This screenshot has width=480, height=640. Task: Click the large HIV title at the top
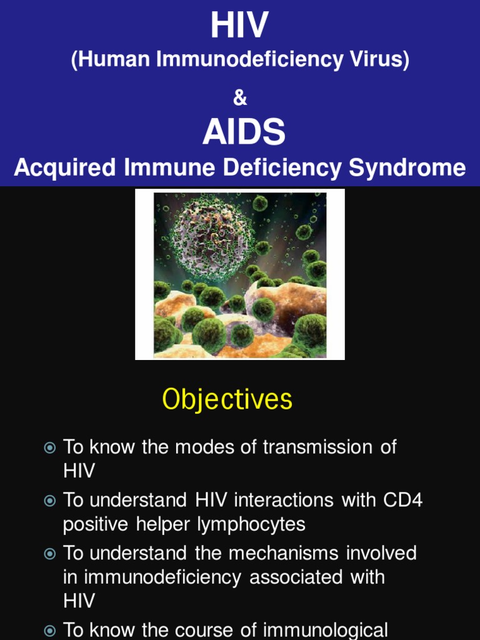[x=239, y=26]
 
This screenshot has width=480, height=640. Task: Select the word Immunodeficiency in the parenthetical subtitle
[x=249, y=61]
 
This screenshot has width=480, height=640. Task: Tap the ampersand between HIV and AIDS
[x=240, y=99]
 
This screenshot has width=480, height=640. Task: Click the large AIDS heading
[x=244, y=132]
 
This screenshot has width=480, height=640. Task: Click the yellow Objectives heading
[x=227, y=399]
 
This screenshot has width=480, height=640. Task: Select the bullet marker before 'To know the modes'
[x=50, y=447]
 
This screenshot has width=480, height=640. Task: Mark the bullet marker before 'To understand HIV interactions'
[x=50, y=501]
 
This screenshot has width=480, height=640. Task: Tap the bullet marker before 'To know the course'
[x=50, y=631]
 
